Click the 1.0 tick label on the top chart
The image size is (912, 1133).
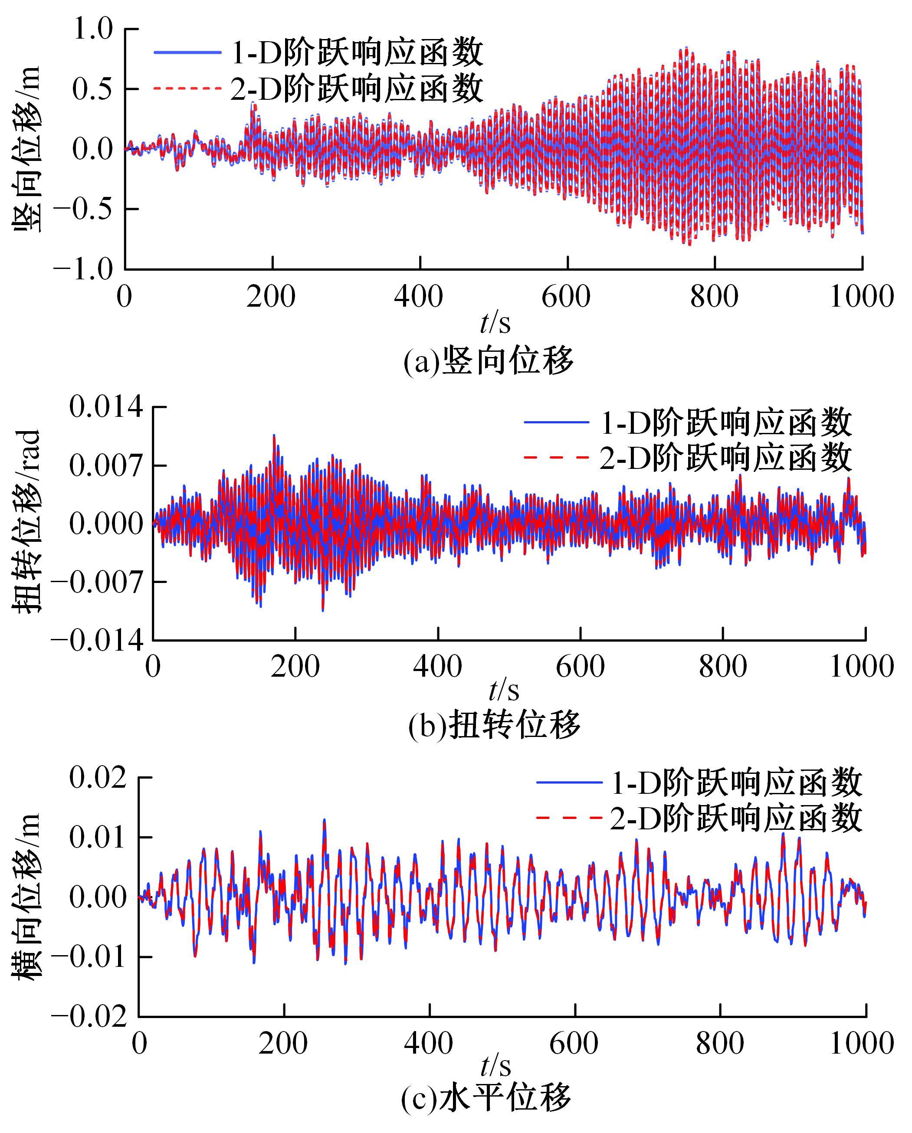[92, 29]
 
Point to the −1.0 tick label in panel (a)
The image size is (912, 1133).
[83, 270]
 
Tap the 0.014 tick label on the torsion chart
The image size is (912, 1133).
[106, 407]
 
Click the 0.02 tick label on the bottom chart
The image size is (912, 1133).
[98, 777]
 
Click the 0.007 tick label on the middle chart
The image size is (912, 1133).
[106, 466]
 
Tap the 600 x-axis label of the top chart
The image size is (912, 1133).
[567, 297]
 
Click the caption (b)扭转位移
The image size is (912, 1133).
[494, 725]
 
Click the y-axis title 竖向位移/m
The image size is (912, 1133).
[26, 150]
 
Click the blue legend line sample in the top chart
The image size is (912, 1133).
[187, 52]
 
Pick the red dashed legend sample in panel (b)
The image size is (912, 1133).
[556, 458]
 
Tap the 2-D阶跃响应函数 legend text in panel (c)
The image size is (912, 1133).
[736, 819]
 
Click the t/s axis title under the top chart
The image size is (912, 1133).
[495, 323]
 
